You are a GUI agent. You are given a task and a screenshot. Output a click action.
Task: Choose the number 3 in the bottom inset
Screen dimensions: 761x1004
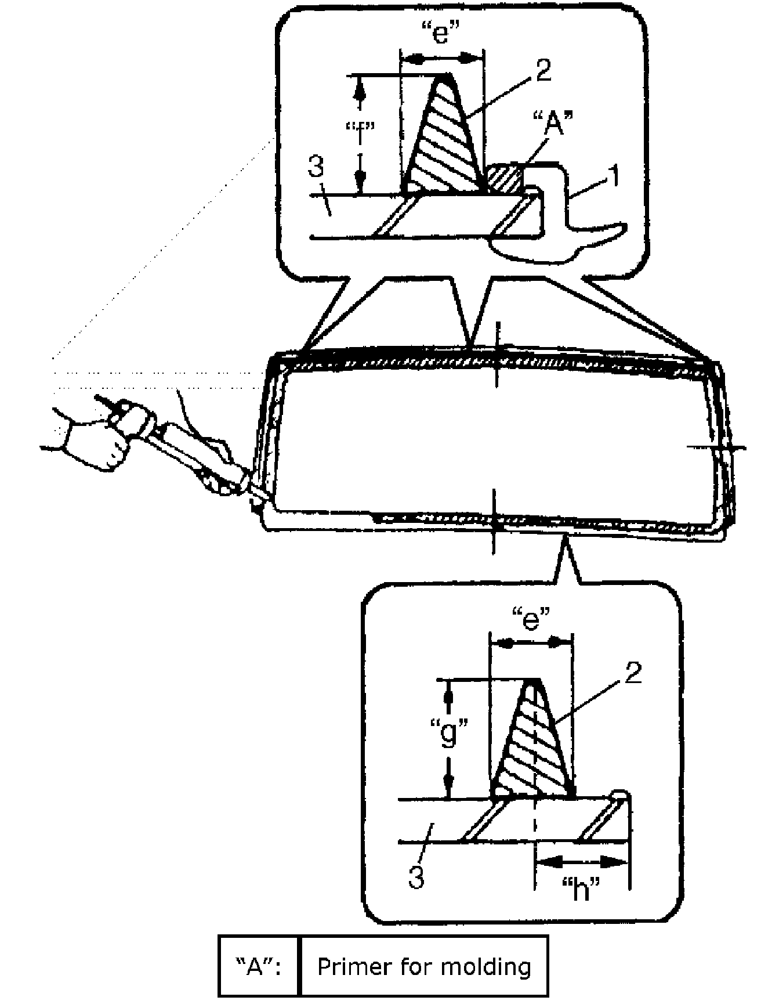(416, 876)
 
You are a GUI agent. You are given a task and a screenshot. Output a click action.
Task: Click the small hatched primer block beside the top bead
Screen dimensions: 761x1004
(503, 178)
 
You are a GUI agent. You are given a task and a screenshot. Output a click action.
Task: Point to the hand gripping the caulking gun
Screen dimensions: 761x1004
(96, 444)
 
